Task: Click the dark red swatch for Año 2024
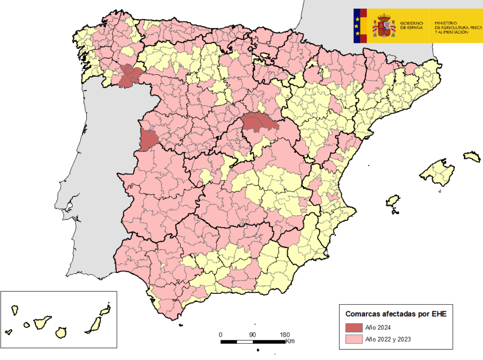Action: coord(353,327)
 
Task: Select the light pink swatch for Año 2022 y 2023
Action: coord(353,340)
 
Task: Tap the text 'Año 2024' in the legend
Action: coord(378,327)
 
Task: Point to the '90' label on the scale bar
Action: coord(252,335)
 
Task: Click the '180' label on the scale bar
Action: coord(284,335)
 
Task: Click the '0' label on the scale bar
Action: coord(220,335)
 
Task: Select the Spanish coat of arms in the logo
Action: coord(384,26)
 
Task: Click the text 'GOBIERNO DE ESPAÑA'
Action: coord(413,25)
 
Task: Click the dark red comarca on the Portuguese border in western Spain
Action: coord(147,139)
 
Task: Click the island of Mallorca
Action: coord(437,172)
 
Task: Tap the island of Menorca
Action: coord(472,157)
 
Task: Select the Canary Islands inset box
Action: coord(59,319)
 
